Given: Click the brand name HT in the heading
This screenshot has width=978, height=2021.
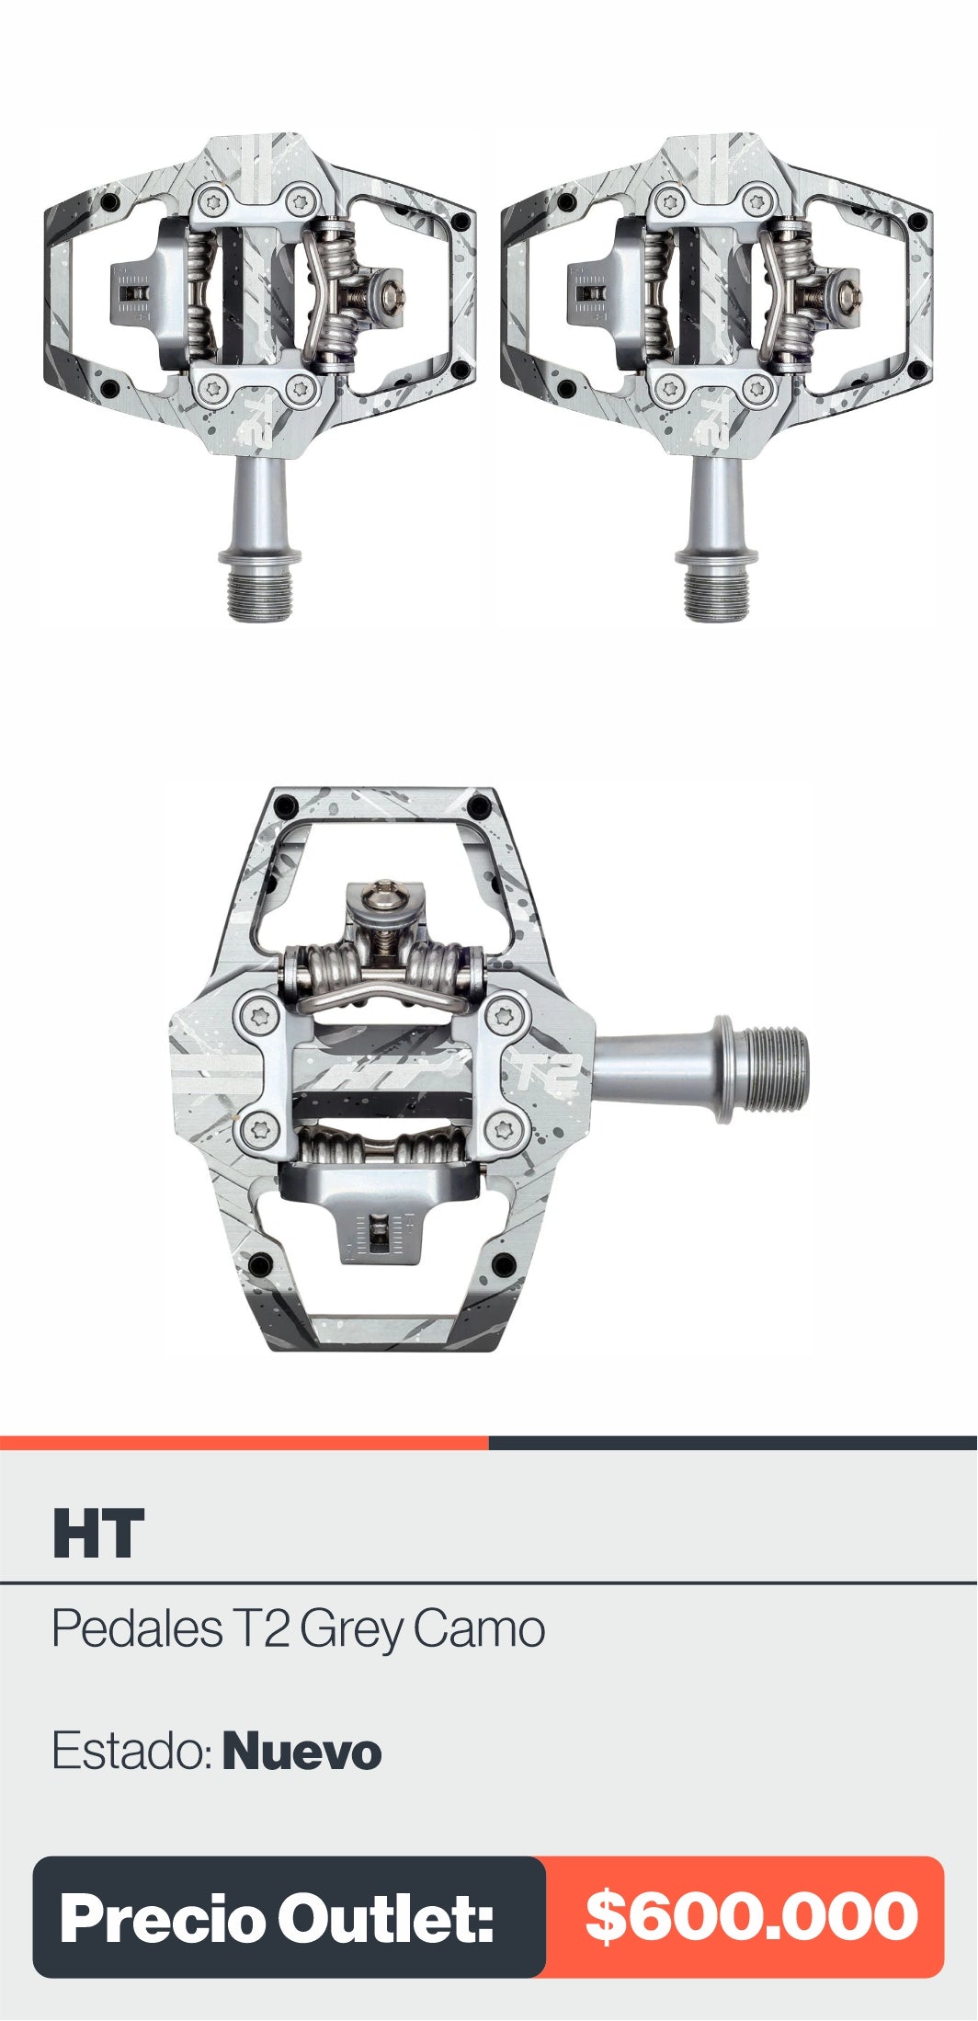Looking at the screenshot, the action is [x=98, y=1533].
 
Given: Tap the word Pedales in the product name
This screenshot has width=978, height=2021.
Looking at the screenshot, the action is [x=136, y=1628].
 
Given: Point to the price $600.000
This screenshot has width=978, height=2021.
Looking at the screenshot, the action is [x=752, y=1917].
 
